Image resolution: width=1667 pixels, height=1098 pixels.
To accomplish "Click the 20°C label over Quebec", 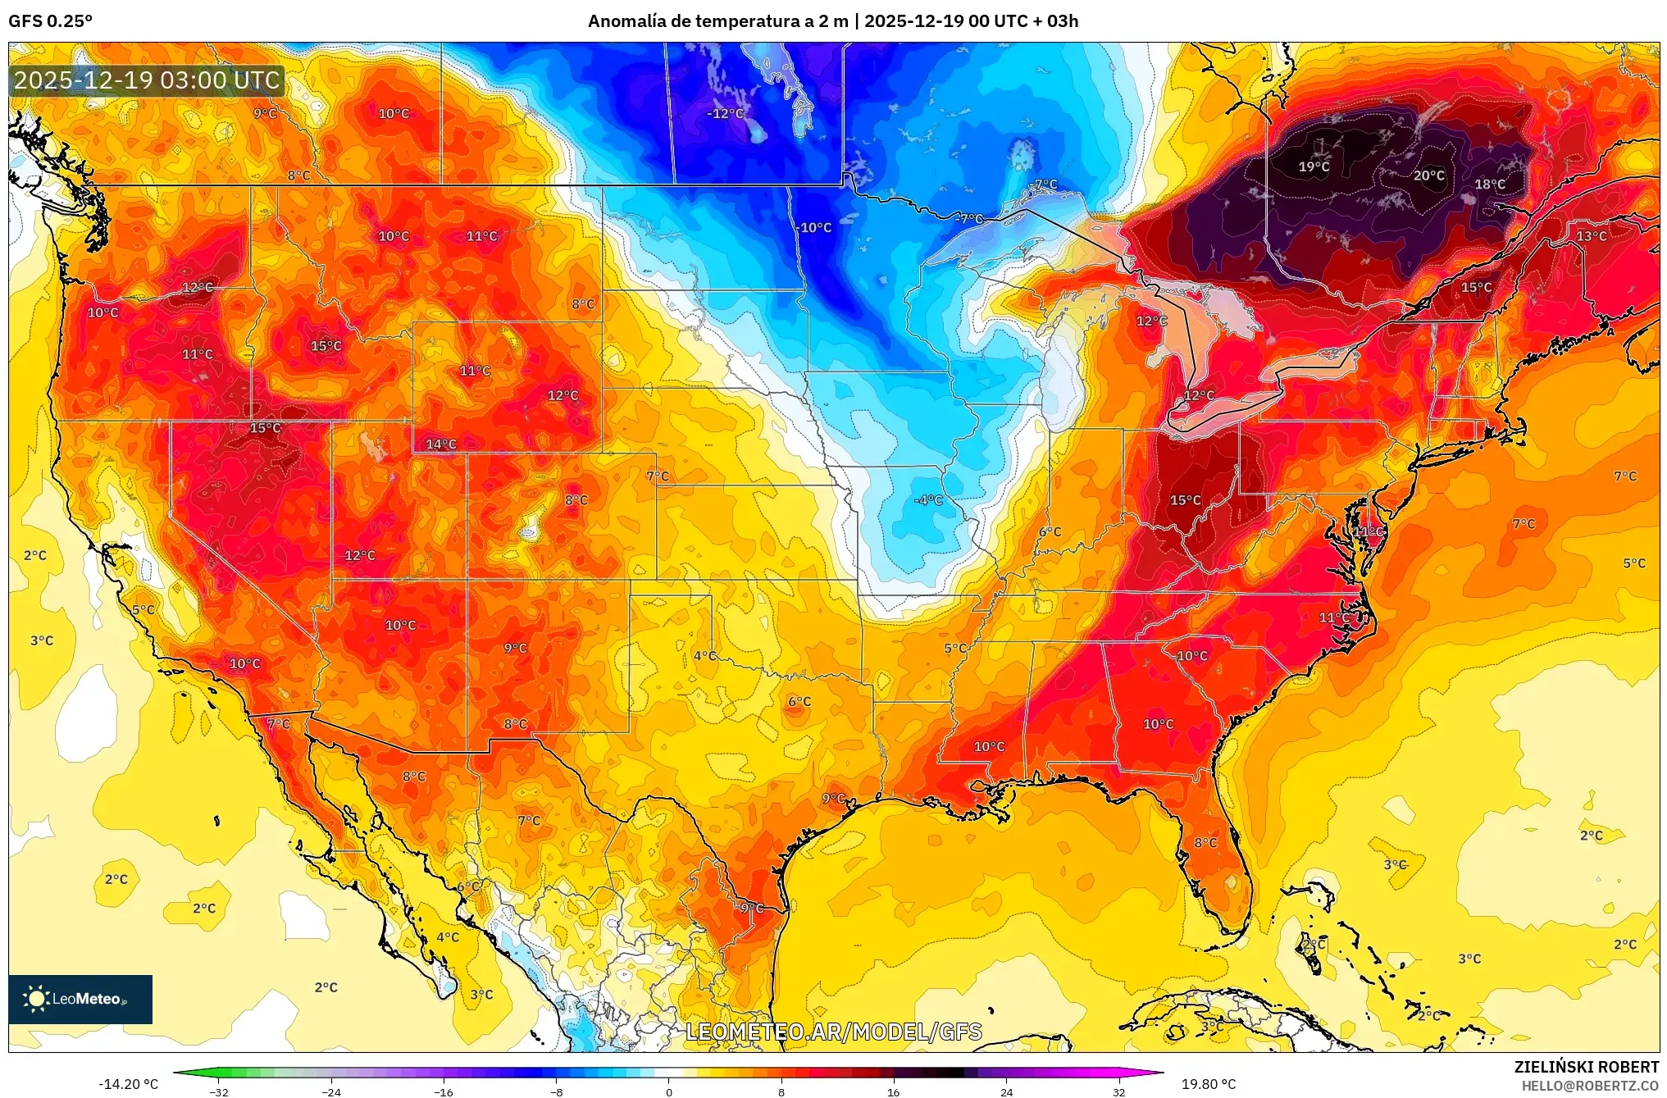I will pyautogui.click(x=1428, y=175).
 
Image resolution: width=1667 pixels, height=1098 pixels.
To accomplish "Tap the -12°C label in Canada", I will pyautogui.click(x=725, y=114).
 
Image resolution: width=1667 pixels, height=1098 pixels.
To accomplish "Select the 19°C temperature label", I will pyautogui.click(x=1313, y=167).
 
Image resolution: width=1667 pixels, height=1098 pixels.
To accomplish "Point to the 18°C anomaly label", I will pyautogui.click(x=1489, y=185).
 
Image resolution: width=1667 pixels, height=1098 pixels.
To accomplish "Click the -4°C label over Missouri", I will pyautogui.click(x=928, y=500).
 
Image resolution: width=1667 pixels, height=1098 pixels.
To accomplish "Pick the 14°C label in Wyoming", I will pyautogui.click(x=440, y=444).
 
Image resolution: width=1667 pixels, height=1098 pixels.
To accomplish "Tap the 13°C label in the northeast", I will pyautogui.click(x=1591, y=236).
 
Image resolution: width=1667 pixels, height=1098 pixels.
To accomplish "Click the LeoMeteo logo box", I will pyautogui.click(x=80, y=999).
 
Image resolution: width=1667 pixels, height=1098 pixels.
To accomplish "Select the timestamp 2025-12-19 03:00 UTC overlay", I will pyautogui.click(x=148, y=80).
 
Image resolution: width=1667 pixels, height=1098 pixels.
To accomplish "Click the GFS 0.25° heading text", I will pyautogui.click(x=50, y=21).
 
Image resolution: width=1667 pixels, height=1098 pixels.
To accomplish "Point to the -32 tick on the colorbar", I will pyautogui.click(x=219, y=1091).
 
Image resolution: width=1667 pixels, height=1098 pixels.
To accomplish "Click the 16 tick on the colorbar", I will pyautogui.click(x=893, y=1091).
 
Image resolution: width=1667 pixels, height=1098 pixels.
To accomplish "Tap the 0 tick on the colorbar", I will pyautogui.click(x=668, y=1091).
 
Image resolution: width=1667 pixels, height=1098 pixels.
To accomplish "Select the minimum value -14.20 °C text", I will pyautogui.click(x=129, y=1084).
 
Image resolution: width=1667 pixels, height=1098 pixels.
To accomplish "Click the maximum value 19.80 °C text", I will pyautogui.click(x=1208, y=1084).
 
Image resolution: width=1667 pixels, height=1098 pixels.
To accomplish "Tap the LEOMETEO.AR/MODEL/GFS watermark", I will pyautogui.click(x=833, y=1032).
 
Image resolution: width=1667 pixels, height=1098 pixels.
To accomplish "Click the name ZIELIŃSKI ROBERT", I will pyautogui.click(x=1586, y=1067).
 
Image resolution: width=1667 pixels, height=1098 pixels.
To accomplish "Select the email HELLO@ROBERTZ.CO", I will pyautogui.click(x=1590, y=1086).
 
